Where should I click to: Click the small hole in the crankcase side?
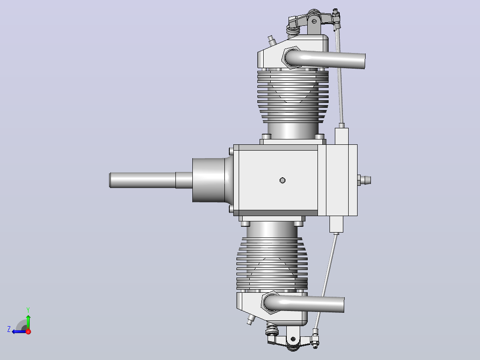[283, 180]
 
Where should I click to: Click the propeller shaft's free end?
[110, 180]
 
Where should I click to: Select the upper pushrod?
[340, 77]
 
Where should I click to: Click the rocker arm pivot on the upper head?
[314, 21]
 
